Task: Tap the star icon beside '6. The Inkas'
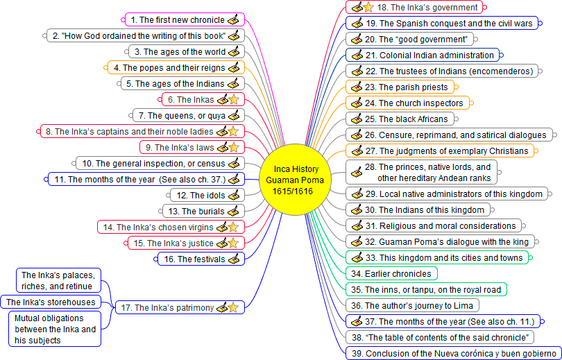click(x=234, y=99)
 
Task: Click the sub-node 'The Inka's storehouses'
click(x=51, y=302)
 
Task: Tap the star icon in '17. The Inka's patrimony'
click(x=234, y=307)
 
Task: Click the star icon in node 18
click(x=368, y=8)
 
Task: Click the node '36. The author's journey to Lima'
click(x=413, y=305)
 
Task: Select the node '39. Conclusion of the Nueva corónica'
click(x=453, y=353)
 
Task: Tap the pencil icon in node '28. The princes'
click(x=356, y=172)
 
